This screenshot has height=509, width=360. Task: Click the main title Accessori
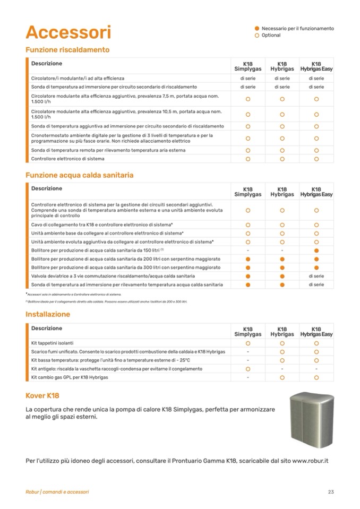point(68,32)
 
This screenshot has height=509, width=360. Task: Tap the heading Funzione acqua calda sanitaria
point(79,175)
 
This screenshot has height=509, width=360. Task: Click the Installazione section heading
point(48,314)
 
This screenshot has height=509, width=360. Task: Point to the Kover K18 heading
point(42,395)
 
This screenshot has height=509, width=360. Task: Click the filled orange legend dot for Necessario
point(257,29)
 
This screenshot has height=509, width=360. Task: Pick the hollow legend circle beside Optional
point(257,36)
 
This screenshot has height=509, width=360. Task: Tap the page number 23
point(331,492)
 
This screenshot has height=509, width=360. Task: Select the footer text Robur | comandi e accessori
point(57,492)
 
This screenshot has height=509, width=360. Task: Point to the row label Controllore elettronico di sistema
point(67,159)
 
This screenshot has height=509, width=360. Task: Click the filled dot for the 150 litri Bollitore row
point(316,250)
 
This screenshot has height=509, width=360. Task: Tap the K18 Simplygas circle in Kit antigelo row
point(248,368)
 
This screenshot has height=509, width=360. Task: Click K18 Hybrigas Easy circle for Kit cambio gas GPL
point(316,377)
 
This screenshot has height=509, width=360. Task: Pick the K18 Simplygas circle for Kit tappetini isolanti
point(248,343)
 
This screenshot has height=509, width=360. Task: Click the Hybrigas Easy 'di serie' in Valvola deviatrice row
point(316,276)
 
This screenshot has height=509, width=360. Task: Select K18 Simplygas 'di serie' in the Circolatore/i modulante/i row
point(248,79)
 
